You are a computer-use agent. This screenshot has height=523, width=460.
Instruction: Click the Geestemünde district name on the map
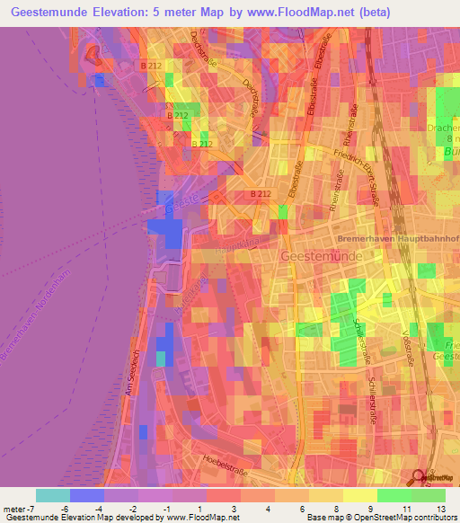323,256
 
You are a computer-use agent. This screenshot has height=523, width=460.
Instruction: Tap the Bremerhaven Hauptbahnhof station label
397,239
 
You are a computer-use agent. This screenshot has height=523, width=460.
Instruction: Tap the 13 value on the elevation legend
442,509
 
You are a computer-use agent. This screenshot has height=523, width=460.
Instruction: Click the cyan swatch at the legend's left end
53,495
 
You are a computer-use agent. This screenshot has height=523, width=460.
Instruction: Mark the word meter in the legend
16,509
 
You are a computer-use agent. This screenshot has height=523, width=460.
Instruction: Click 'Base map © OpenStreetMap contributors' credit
381,518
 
